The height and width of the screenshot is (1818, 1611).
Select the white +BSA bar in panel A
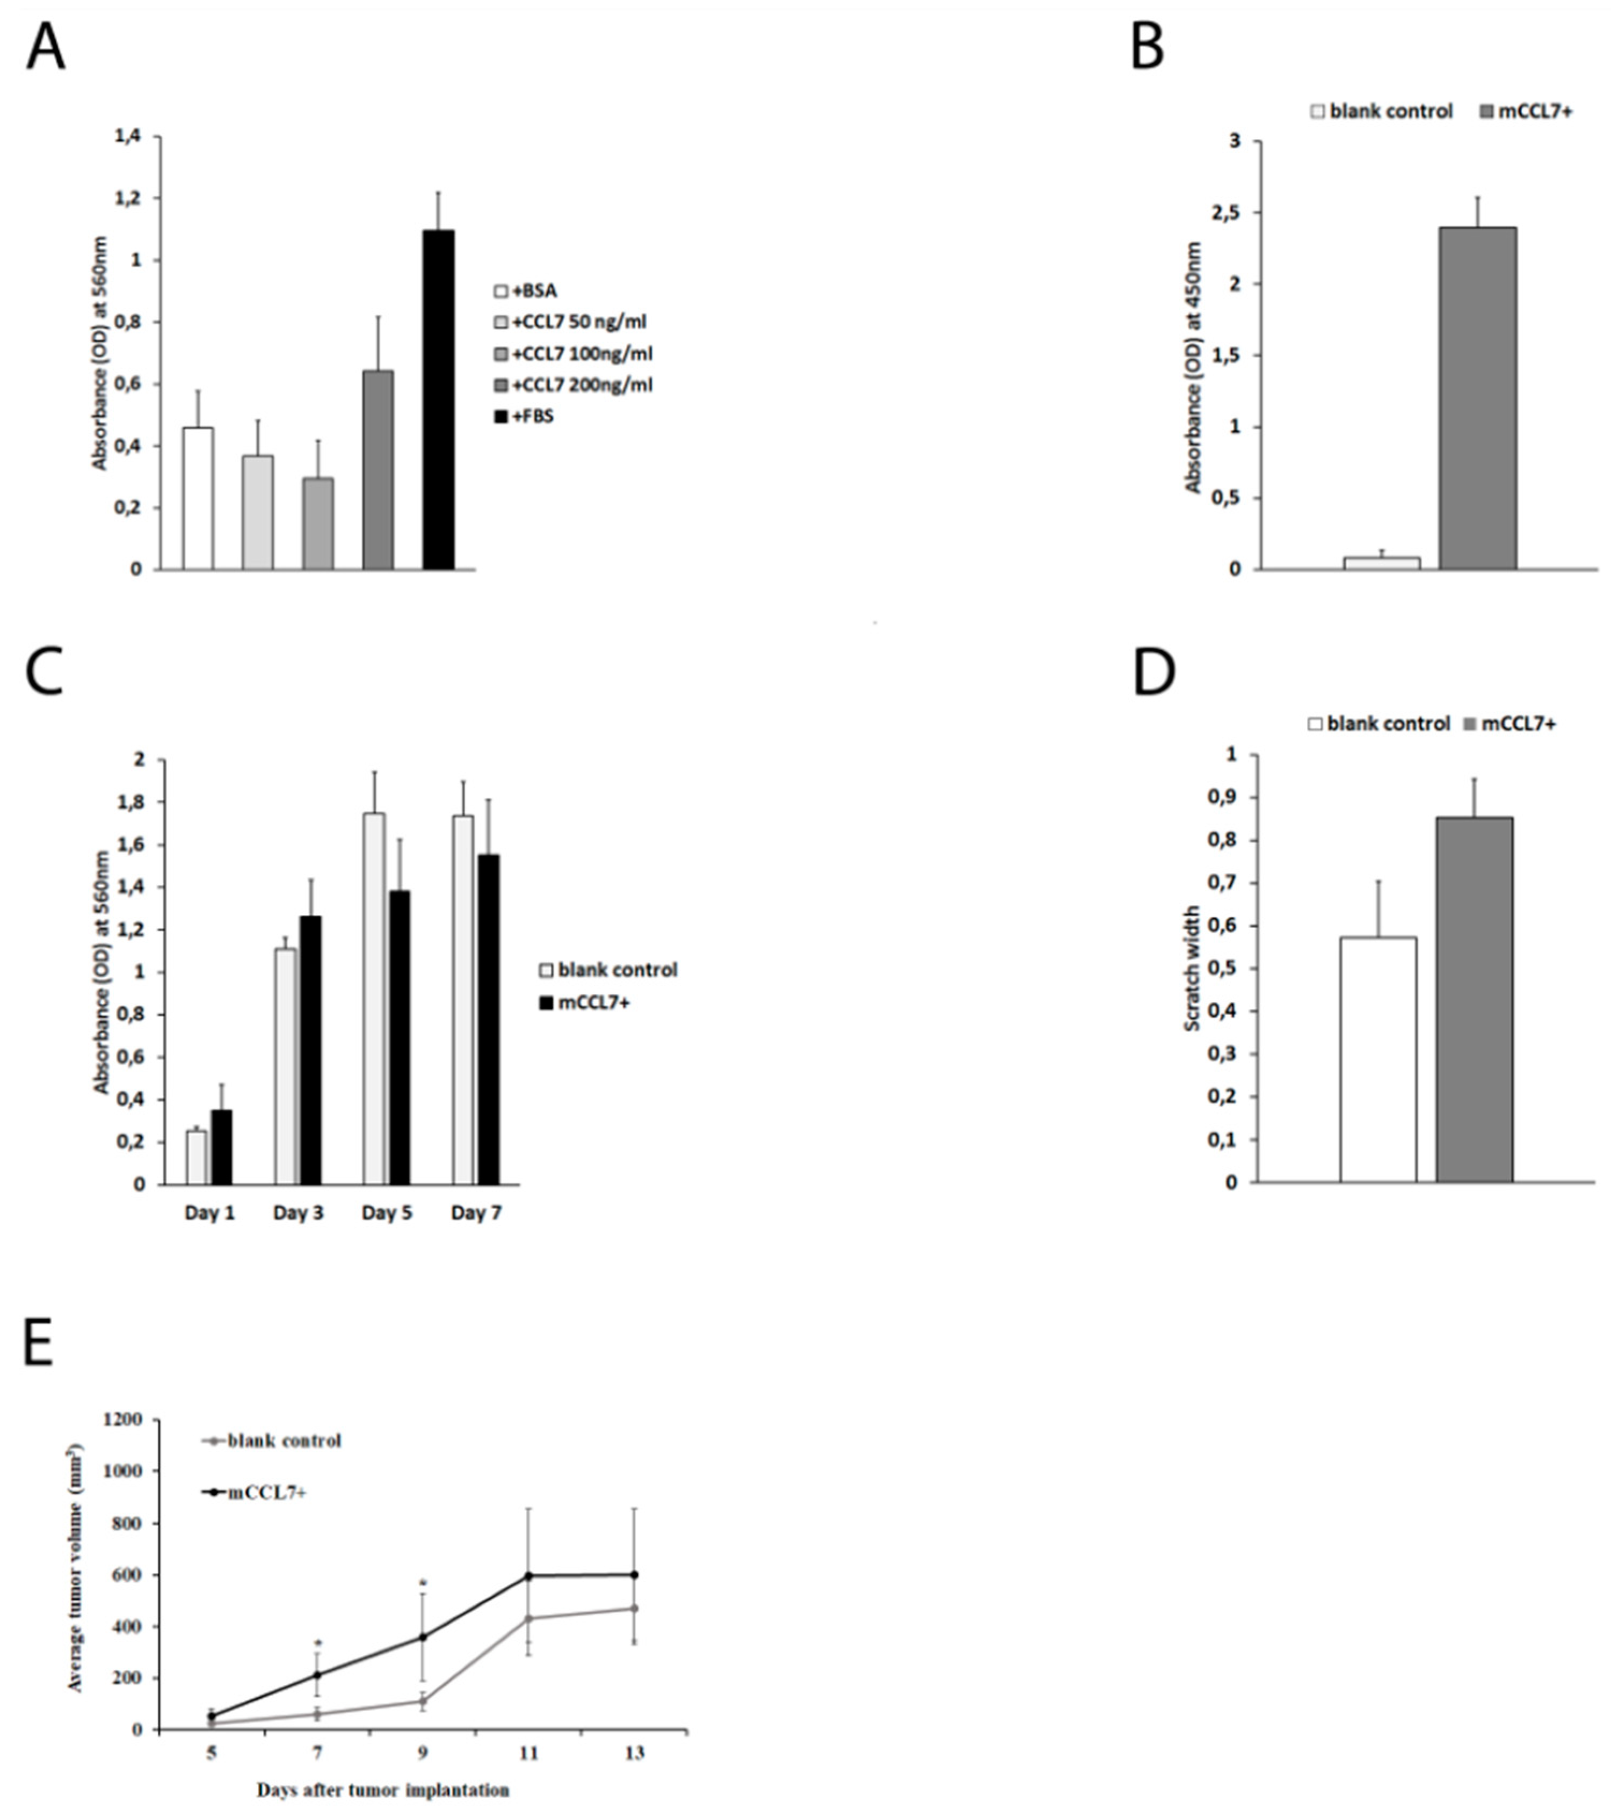point(198,498)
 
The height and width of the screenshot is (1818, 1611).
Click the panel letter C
point(45,674)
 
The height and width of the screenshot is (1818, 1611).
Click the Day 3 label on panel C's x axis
point(298,1213)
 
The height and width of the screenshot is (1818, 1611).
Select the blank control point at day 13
point(634,1608)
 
